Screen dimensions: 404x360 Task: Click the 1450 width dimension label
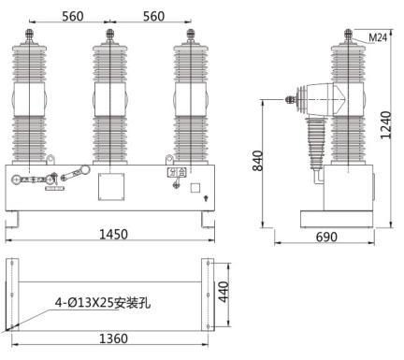point(113,234)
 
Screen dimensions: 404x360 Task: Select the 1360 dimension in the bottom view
point(113,338)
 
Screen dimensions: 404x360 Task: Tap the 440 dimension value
point(224,292)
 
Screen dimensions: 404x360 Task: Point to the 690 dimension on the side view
point(326,238)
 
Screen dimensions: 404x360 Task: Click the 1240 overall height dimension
point(385,124)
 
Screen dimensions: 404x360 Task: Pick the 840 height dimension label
point(258,161)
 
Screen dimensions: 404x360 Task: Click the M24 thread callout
point(378,37)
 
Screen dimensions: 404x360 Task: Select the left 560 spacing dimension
point(73,16)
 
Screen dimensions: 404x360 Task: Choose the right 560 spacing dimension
point(153,16)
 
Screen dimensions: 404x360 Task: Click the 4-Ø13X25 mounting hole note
point(103,303)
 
